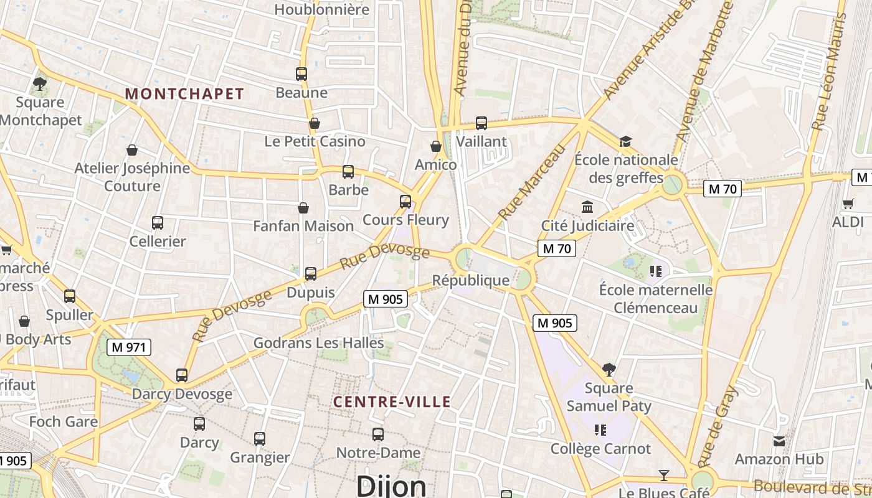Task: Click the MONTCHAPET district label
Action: pyautogui.click(x=184, y=94)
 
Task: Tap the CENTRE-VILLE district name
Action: pyautogui.click(x=392, y=402)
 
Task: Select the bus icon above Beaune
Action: pyautogui.click(x=301, y=74)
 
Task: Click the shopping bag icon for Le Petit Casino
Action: pyautogui.click(x=315, y=123)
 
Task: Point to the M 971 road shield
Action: pyautogui.click(x=129, y=347)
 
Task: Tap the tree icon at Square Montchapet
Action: pyautogui.click(x=40, y=83)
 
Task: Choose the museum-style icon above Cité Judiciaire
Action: pyautogui.click(x=587, y=207)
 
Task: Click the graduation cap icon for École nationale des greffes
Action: pyautogui.click(x=625, y=141)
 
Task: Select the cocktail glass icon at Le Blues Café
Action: pyautogui.click(x=664, y=476)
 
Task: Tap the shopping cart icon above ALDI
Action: pyautogui.click(x=848, y=204)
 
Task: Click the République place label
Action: pyautogui.click(x=471, y=280)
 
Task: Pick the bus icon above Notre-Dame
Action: pyautogui.click(x=378, y=435)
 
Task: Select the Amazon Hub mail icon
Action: pyautogui.click(x=779, y=441)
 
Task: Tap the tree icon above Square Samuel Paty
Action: pyautogui.click(x=609, y=370)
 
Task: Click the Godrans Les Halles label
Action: pyautogui.click(x=318, y=342)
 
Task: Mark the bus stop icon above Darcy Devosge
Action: pyautogui.click(x=182, y=375)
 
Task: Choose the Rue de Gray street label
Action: pyautogui.click(x=718, y=426)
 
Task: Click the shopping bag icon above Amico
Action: pyautogui.click(x=436, y=146)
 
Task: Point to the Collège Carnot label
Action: pyautogui.click(x=600, y=449)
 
